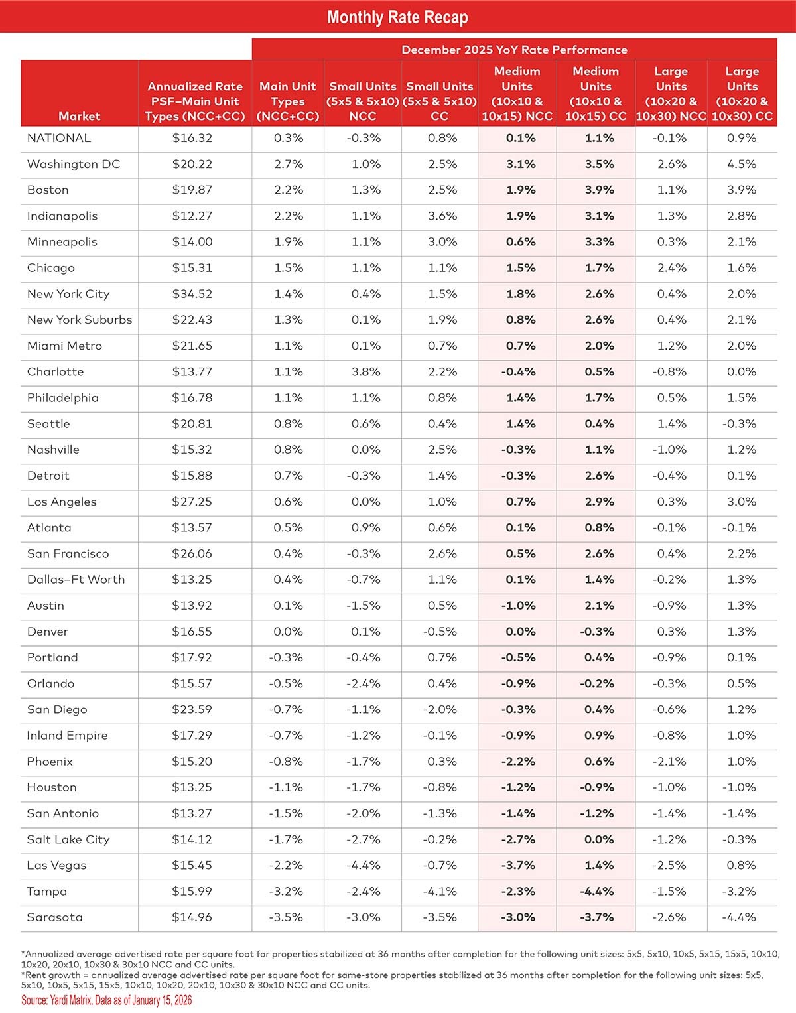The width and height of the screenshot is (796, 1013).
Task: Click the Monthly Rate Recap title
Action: (397, 17)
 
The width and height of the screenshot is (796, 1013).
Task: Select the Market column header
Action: (79, 116)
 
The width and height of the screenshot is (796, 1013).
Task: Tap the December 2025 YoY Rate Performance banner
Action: (514, 50)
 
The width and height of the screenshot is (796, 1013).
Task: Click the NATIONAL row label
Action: (59, 138)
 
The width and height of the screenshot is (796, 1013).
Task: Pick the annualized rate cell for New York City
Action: (192, 294)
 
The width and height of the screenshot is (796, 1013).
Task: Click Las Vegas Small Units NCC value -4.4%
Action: (364, 865)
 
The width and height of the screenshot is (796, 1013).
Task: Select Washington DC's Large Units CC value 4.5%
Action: (741, 164)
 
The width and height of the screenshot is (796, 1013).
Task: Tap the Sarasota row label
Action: (55, 917)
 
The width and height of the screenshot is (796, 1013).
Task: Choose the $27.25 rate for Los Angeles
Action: (192, 502)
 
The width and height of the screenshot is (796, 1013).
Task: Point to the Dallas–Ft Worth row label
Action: (76, 579)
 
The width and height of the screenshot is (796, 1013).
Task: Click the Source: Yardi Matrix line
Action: (107, 1000)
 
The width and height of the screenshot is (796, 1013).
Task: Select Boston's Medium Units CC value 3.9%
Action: (599, 190)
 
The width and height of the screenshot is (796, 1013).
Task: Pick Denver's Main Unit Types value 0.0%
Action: (288, 632)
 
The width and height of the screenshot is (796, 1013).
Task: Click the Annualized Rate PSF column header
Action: (195, 101)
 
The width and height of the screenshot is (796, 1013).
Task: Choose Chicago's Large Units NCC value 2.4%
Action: (671, 268)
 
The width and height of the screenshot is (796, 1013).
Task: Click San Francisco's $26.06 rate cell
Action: (192, 553)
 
